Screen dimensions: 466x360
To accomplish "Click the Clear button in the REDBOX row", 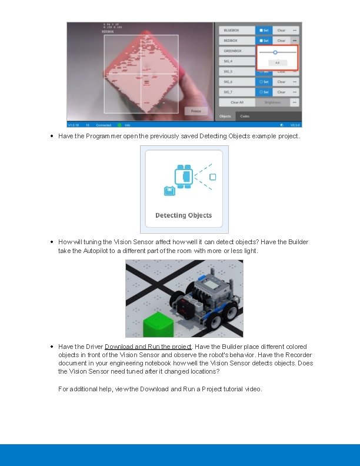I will pyautogui.click(x=281, y=41).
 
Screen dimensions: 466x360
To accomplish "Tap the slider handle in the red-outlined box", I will pyautogui.click(x=275, y=52).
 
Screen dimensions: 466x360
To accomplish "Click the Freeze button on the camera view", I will pyautogui.click(x=196, y=111).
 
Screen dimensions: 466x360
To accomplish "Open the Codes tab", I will pyautogui.click(x=245, y=116).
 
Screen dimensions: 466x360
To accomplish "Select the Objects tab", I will pyautogui.click(x=225, y=116).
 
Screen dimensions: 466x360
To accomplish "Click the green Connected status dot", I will pyautogui.click(x=119, y=125).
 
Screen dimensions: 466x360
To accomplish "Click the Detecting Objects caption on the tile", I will pyautogui.click(x=184, y=215).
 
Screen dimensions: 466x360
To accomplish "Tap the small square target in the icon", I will pyautogui.click(x=213, y=177).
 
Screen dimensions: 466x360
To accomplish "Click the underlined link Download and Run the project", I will pyautogui.click(x=148, y=347).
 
